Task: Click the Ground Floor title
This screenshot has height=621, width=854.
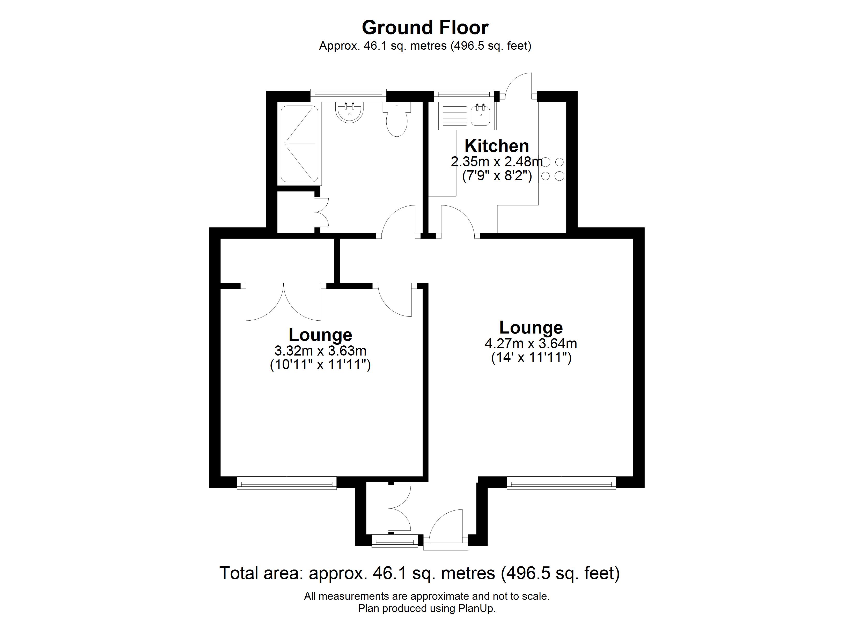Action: tap(425, 27)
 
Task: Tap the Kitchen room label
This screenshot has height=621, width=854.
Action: tap(497, 146)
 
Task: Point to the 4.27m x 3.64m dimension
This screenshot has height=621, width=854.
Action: tap(531, 343)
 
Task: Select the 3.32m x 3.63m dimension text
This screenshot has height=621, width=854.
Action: tap(320, 351)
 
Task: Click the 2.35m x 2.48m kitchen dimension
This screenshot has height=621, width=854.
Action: tap(497, 162)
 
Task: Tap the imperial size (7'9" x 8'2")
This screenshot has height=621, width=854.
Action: tap(497, 176)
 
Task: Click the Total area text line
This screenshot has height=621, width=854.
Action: tap(419, 573)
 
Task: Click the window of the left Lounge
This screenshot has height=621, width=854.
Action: tap(286, 483)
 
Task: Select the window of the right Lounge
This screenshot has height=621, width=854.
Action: tap(561, 483)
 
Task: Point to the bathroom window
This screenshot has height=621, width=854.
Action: tap(348, 96)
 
